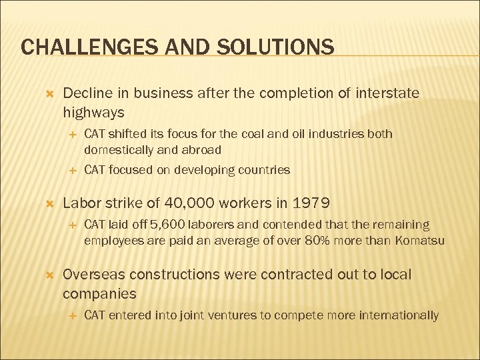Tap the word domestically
pyautogui.click(x=117, y=150)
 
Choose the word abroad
pyautogui.click(x=201, y=150)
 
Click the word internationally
pyautogui.click(x=399, y=315)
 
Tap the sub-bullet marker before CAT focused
pyautogui.click(x=71, y=170)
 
